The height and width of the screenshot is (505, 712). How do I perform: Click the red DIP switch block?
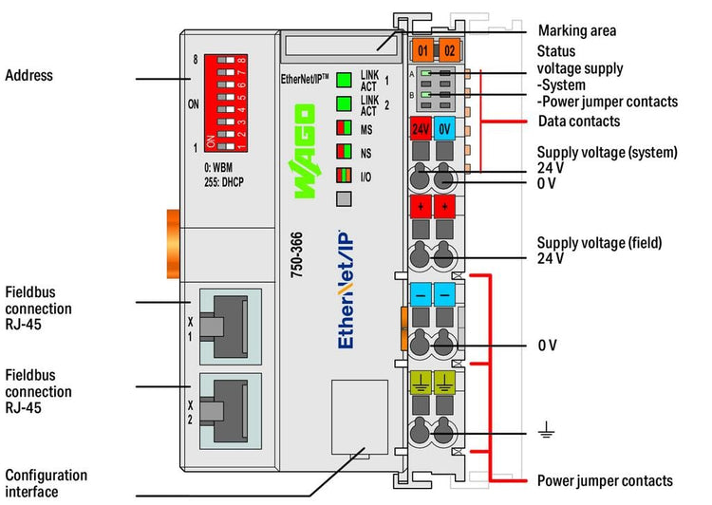pyautogui.click(x=225, y=99)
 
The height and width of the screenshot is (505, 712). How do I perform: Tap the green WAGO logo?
pyautogui.click(x=308, y=152)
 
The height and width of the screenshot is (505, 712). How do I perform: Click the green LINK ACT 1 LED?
pyautogui.click(x=344, y=80)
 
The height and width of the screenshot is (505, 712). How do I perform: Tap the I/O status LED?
pyautogui.click(x=344, y=175)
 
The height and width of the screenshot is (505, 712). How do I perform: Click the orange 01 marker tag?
pyautogui.click(x=422, y=49)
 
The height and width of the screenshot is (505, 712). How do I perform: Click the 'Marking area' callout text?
pyautogui.click(x=576, y=31)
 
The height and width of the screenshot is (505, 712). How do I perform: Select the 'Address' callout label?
pyautogui.click(x=28, y=76)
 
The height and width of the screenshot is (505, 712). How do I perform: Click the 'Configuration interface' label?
pyautogui.click(x=46, y=483)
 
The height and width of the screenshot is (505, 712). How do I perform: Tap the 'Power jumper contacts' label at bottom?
pyautogui.click(x=605, y=481)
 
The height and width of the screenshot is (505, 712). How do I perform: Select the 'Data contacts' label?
pyautogui.click(x=579, y=122)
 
